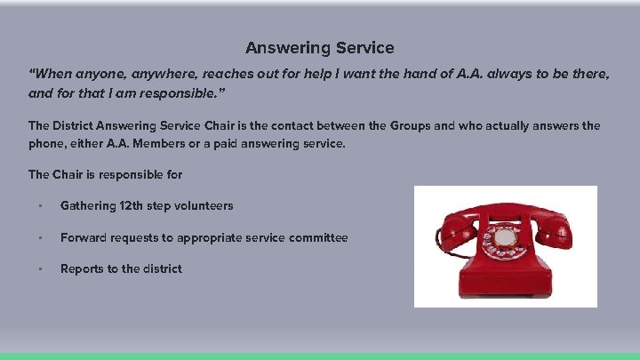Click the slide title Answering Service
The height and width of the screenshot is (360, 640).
[320, 48]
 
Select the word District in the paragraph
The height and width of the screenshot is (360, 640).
[78, 126]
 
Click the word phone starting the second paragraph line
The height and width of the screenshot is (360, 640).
[48, 144]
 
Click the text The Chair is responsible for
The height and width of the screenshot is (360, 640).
[105, 174]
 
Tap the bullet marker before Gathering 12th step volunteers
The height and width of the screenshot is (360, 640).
[40, 206]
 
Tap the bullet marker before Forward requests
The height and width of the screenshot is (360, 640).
[40, 238]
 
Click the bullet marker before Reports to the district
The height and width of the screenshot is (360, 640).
[40, 269]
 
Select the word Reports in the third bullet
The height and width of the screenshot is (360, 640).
[83, 269]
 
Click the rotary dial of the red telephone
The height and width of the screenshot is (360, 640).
[505, 239]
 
